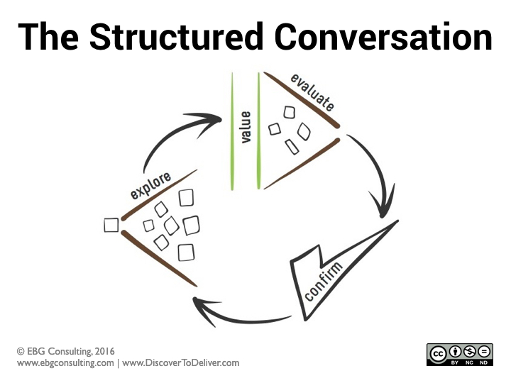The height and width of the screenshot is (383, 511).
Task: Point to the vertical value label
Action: click(x=246, y=127)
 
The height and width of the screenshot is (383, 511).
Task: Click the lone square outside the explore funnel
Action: click(x=111, y=225)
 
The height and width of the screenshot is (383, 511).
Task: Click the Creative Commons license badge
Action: click(x=459, y=354)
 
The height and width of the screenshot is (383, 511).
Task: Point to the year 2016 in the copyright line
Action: click(x=104, y=351)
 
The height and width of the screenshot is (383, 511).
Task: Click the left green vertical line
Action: click(x=233, y=131)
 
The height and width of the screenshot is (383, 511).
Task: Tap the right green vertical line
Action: click(x=259, y=131)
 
